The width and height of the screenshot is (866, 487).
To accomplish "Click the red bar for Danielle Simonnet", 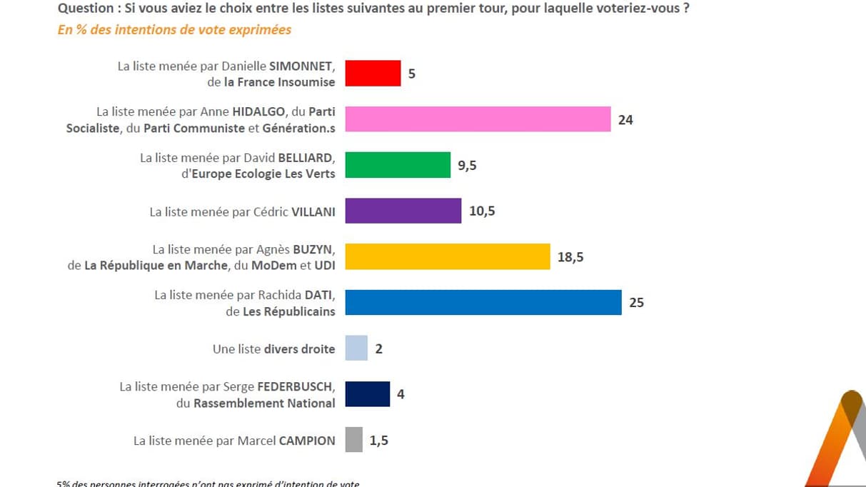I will click(373, 74).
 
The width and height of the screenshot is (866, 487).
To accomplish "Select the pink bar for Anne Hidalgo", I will click(478, 119).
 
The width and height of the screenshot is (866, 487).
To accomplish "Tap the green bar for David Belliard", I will click(398, 165).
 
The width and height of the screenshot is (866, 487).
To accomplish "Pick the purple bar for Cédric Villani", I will click(403, 211).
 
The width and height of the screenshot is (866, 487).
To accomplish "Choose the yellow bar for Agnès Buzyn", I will click(448, 256).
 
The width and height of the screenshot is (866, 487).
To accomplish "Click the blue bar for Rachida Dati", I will click(483, 302).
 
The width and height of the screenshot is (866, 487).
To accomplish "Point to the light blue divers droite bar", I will click(356, 348).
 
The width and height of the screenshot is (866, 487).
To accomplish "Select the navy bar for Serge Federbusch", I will click(368, 393).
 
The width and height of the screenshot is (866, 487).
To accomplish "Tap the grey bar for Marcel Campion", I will click(353, 439).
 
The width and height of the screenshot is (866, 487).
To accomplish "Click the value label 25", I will click(636, 303).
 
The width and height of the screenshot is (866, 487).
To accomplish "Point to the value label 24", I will click(625, 120).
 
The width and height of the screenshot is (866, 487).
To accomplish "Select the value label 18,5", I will click(570, 257).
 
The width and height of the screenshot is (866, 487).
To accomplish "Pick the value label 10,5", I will click(483, 211).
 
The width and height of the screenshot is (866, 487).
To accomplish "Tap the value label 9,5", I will click(467, 166).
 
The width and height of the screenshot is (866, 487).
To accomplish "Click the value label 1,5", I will click(379, 440).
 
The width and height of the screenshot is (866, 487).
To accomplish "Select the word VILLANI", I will click(313, 212).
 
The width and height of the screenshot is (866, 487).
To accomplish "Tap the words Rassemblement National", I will click(264, 403).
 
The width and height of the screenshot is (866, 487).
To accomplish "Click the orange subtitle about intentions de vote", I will click(174, 30).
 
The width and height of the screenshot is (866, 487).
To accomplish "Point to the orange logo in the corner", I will click(839, 443).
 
